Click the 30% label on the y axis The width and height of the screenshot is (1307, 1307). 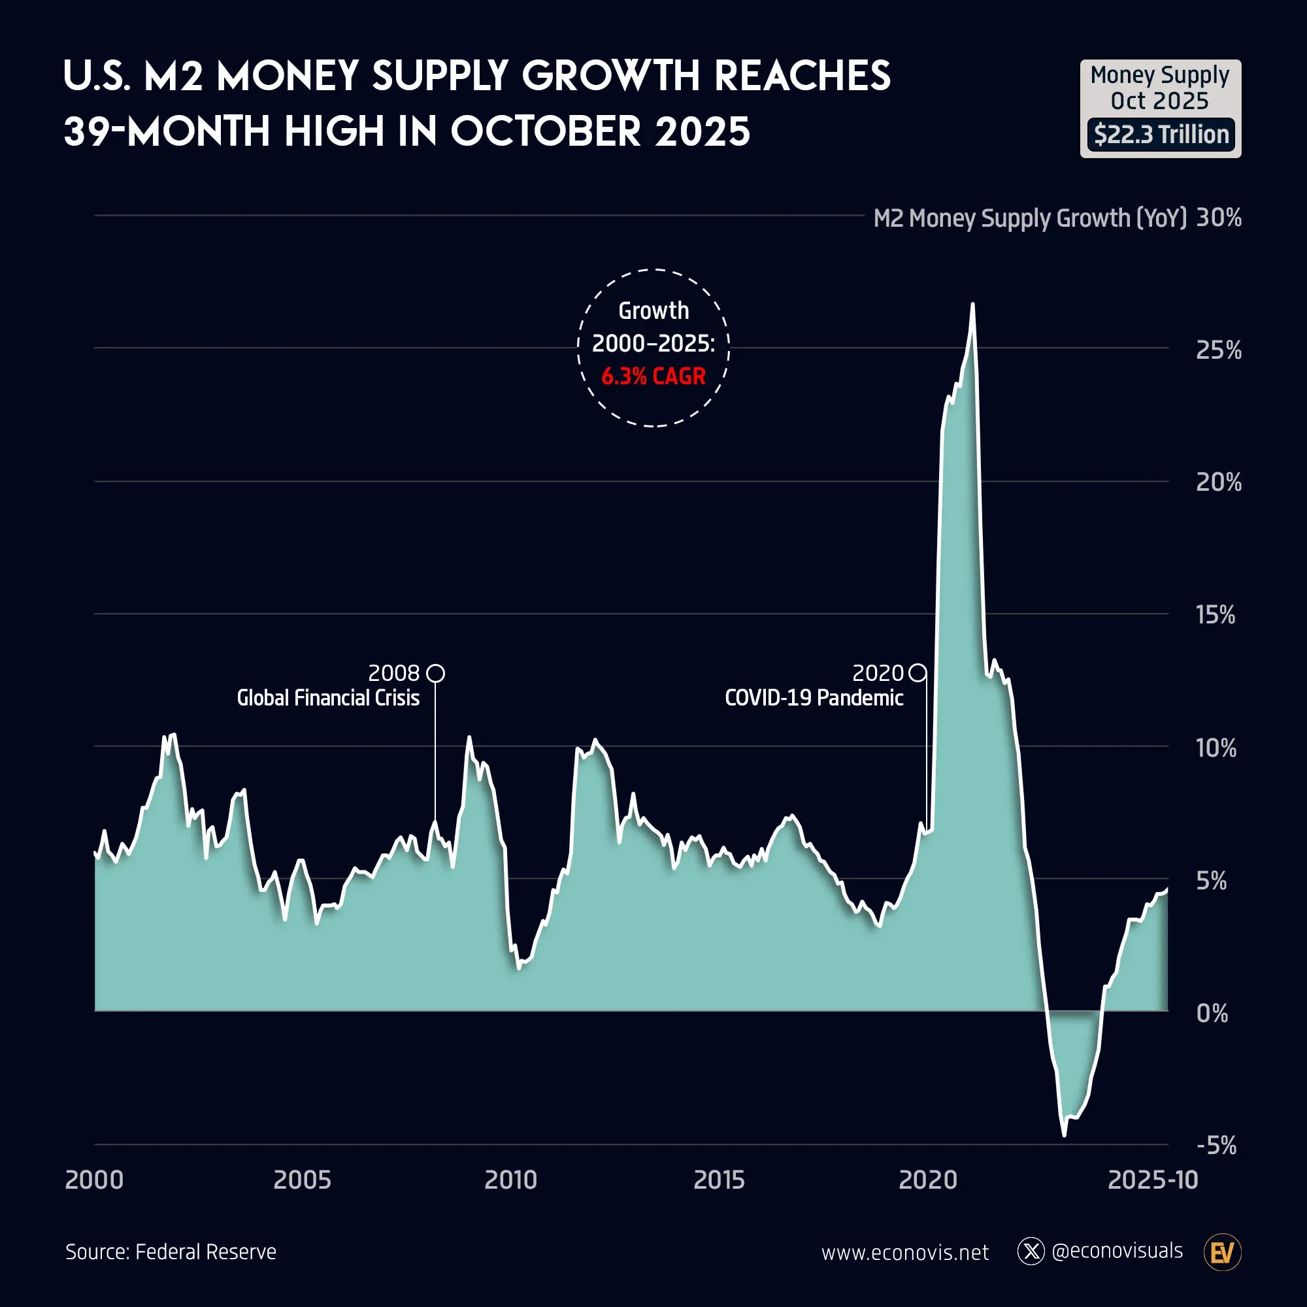tap(1218, 218)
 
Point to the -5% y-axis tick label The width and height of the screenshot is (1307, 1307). tap(1216, 1146)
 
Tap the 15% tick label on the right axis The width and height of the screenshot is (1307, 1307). tap(1215, 615)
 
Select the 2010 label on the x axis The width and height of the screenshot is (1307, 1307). tap(510, 1180)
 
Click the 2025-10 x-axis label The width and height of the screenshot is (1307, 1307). tap(1152, 1180)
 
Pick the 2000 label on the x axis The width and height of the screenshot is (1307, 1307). tap(94, 1180)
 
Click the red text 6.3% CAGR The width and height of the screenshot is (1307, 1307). tap(653, 376)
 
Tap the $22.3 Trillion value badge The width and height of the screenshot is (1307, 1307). tap(1160, 135)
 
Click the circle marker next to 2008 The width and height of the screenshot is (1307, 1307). tap(437, 673)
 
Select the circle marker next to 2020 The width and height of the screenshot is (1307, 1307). tap(918, 673)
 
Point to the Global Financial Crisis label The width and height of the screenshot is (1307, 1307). tap(328, 698)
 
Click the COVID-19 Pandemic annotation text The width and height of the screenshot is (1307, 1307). tap(814, 698)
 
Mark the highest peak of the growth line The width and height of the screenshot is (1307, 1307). tap(972, 305)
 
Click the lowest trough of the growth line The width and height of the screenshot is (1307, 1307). tap(1064, 1134)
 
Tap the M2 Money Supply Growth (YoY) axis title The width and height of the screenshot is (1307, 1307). tap(1030, 218)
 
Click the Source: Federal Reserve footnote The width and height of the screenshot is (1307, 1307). tap(171, 1252)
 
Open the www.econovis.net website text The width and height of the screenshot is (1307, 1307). tap(904, 1253)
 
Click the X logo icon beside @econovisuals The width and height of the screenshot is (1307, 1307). tap(1031, 1251)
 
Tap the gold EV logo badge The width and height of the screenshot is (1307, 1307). tap(1223, 1252)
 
